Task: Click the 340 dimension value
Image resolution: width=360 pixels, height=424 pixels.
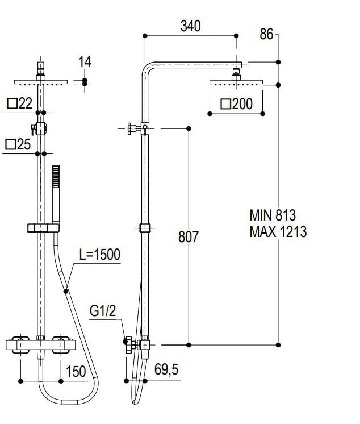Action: pyautogui.click(x=190, y=26)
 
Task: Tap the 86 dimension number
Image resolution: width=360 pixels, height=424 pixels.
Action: pyautogui.click(x=266, y=34)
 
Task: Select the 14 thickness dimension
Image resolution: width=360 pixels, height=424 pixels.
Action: pyautogui.click(x=85, y=62)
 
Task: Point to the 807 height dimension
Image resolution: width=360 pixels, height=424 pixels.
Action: pyautogui.click(x=189, y=236)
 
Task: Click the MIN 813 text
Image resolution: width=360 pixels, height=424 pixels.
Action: pyautogui.click(x=273, y=215)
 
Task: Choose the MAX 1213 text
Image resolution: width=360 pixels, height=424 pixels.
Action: pyautogui.click(x=278, y=232)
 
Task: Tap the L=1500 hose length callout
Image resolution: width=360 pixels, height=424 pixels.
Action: pyautogui.click(x=100, y=255)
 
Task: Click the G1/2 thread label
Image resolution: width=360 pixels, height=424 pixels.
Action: pyautogui.click(x=103, y=311)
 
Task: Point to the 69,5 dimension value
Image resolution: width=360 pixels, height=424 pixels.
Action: pyautogui.click(x=166, y=369)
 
